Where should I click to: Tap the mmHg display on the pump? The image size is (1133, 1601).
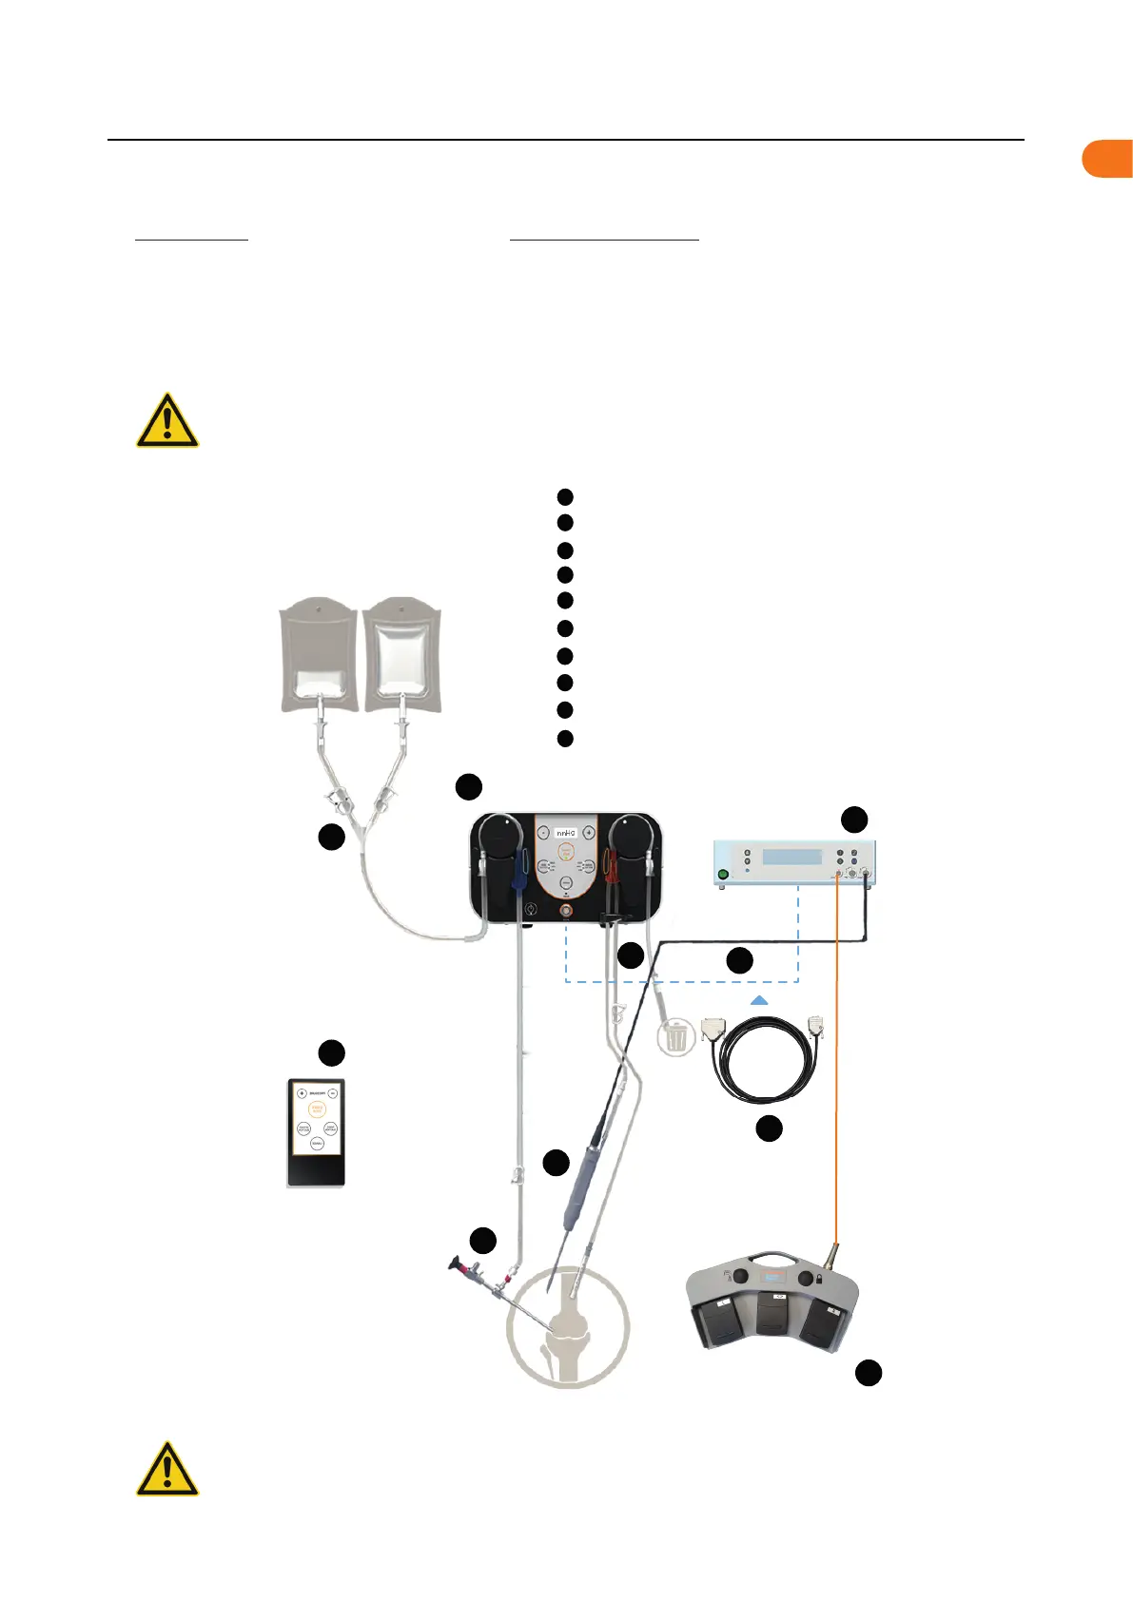coord(566,833)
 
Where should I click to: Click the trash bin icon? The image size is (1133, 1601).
coord(675,1036)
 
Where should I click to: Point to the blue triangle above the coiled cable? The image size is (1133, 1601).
coord(759,1000)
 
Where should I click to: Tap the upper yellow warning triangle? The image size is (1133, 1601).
coord(167,421)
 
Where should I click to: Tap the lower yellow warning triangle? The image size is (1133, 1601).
coord(167,1470)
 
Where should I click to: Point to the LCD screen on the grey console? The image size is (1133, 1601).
coord(792,857)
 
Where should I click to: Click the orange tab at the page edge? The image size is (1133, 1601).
coord(1108,159)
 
